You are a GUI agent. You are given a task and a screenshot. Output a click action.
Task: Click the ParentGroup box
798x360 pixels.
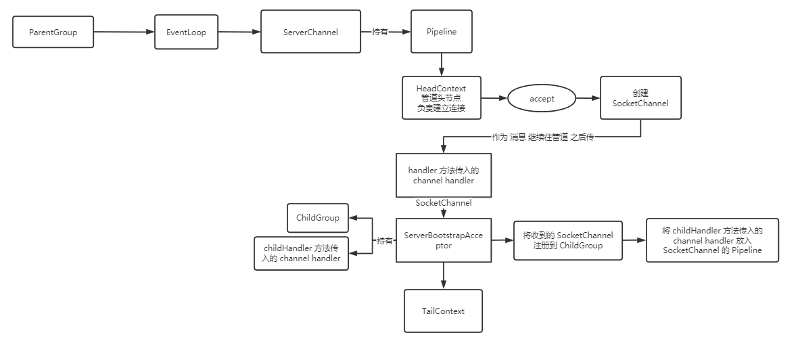(53, 32)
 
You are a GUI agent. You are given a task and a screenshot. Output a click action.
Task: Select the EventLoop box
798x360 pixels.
(186, 32)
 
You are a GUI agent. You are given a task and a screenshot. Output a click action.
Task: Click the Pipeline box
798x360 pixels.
(442, 32)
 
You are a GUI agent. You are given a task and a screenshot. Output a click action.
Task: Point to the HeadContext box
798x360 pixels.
(442, 98)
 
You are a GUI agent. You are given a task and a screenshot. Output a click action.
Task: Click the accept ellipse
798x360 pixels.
(542, 99)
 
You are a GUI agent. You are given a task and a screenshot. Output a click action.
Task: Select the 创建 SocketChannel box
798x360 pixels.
(640, 98)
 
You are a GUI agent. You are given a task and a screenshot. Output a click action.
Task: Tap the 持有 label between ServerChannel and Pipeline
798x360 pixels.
(380, 32)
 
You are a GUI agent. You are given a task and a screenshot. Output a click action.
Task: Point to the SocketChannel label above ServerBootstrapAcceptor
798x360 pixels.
(443, 202)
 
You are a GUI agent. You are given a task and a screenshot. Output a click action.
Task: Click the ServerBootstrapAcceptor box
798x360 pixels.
(443, 240)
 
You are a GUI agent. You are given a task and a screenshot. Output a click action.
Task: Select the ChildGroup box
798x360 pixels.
(318, 218)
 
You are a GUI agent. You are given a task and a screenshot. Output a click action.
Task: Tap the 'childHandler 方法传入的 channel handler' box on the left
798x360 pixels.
(302, 253)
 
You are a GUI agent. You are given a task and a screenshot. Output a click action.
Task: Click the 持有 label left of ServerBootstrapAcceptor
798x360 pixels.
(384, 240)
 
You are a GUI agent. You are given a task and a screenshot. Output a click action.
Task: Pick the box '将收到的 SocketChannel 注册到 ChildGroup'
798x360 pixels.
(568, 240)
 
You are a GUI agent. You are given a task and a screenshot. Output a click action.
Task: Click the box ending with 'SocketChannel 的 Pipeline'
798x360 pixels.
(712, 240)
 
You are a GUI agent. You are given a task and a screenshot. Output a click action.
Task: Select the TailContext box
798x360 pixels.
(443, 311)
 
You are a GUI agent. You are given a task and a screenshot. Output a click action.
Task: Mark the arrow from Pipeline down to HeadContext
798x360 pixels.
(442, 64)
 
